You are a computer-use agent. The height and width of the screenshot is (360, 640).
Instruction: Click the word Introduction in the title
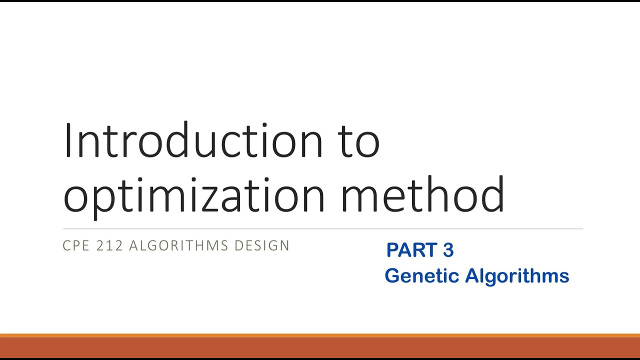pos(192,140)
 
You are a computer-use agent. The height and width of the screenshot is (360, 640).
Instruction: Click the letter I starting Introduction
pos(66,140)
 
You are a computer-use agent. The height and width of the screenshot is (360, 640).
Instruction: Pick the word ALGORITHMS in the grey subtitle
pos(179,245)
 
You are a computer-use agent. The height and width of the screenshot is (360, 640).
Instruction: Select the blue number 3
pos(448,250)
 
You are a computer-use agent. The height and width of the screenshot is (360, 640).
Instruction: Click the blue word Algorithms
pos(517,276)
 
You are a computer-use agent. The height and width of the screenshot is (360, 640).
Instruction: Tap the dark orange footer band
pos(320,347)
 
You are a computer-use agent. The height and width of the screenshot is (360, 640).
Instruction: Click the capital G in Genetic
pos(392,275)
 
